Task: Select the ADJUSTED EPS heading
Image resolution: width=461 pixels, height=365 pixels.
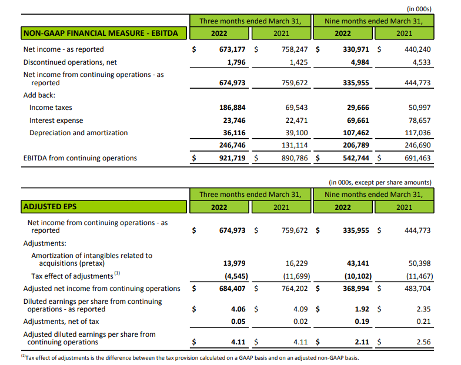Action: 50,207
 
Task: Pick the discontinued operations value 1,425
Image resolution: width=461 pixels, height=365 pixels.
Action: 297,62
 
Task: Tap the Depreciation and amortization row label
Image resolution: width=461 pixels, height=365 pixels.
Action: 78,133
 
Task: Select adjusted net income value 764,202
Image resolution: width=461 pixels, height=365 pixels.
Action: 295,289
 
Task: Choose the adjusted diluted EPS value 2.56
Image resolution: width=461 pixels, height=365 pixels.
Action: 422,341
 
